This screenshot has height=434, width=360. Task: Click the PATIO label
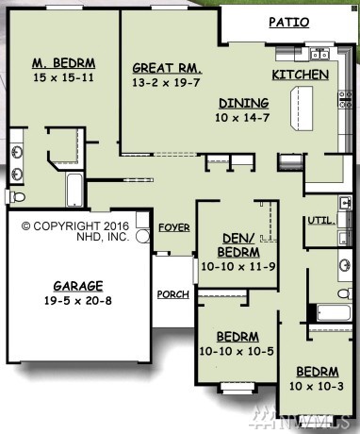[289, 23]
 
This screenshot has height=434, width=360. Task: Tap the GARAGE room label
[78, 286]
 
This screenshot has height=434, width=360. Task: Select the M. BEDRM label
[64, 63]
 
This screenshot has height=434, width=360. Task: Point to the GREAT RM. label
[167, 68]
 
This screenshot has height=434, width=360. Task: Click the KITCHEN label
[301, 75]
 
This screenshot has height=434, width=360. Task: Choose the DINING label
[244, 103]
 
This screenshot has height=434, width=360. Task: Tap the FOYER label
[174, 227]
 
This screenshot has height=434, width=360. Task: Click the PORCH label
[173, 294]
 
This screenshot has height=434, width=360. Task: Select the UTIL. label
[321, 221]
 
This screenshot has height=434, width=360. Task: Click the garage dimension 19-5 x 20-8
[78, 301]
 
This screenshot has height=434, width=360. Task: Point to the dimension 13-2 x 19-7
[166, 82]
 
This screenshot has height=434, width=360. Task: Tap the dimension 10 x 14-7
[242, 118]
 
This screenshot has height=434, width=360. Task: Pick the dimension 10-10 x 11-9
[238, 266]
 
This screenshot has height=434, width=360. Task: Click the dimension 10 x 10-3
[317, 386]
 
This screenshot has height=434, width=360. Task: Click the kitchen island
[302, 108]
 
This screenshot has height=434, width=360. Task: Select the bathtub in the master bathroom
[74, 190]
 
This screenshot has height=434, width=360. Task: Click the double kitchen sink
[319, 55]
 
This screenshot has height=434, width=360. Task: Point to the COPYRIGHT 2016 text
[75, 226]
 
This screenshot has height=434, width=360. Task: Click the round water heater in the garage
[143, 236]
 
